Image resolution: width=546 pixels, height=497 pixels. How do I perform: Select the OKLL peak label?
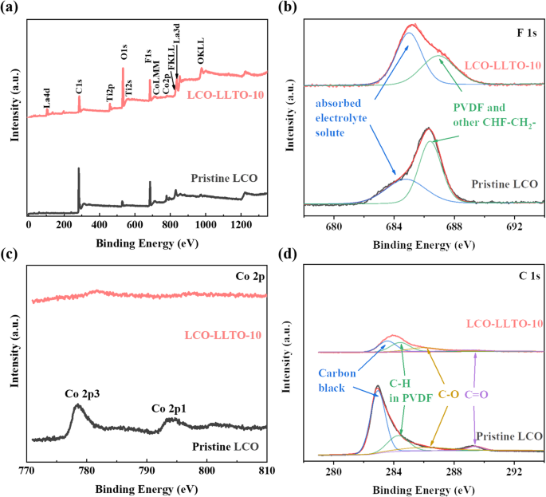point(201,55)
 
